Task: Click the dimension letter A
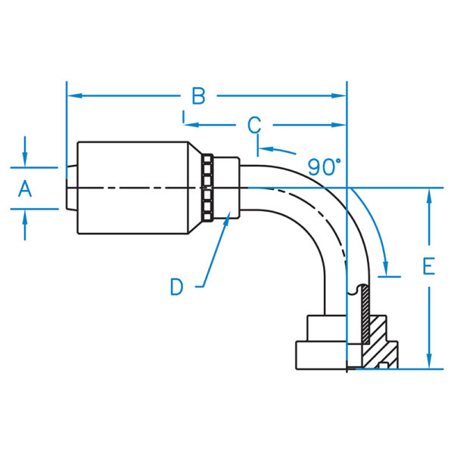(x=25, y=188)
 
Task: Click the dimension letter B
(x=198, y=96)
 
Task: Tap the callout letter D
(x=176, y=286)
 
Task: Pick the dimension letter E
(x=429, y=267)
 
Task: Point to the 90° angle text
(x=325, y=164)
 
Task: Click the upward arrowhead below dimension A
(x=25, y=214)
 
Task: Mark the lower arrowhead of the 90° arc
(x=387, y=272)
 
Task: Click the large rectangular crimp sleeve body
(x=132, y=188)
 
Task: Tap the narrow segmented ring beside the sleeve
(x=207, y=188)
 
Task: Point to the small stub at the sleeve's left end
(x=70, y=188)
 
